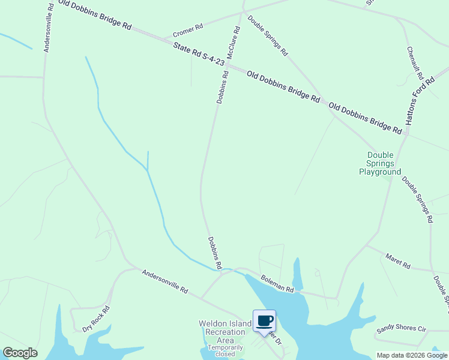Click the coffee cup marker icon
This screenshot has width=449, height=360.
point(264,321)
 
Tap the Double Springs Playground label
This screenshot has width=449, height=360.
point(380,163)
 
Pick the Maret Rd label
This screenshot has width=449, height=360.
point(397,262)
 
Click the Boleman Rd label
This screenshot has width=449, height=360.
point(277,284)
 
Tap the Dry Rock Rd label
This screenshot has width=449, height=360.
point(96,319)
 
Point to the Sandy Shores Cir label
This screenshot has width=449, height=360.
point(400,329)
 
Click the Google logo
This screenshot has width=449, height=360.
point(20,353)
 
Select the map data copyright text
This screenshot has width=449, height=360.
point(411,355)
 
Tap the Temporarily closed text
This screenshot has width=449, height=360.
point(226,350)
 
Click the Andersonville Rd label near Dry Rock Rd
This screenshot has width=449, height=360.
point(164,281)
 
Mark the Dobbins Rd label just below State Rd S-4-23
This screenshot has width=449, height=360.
point(223,88)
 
